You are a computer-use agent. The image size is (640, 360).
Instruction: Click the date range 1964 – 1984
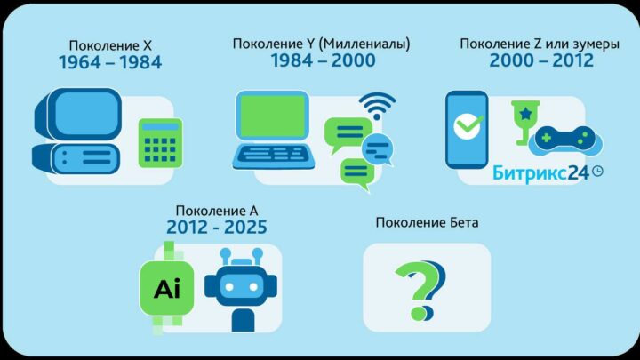click(110, 62)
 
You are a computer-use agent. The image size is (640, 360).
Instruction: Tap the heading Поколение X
click(110, 45)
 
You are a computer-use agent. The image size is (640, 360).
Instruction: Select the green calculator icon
click(160, 143)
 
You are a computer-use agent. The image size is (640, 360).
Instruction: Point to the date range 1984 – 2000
click(323, 60)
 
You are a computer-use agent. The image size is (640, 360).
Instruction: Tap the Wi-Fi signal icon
click(377, 106)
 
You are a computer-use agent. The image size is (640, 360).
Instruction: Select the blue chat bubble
click(378, 149)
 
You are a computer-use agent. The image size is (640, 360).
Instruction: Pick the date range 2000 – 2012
click(541, 60)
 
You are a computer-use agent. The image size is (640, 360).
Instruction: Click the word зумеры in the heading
click(596, 44)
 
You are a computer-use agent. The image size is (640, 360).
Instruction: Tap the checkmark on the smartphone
click(468, 125)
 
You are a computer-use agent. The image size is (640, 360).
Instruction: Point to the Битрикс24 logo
click(548, 173)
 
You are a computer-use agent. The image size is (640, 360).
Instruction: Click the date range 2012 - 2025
click(217, 228)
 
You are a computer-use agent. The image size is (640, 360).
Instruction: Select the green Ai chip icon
click(167, 289)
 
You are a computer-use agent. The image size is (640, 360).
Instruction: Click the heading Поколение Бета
click(427, 222)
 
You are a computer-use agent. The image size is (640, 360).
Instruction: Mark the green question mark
click(419, 288)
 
